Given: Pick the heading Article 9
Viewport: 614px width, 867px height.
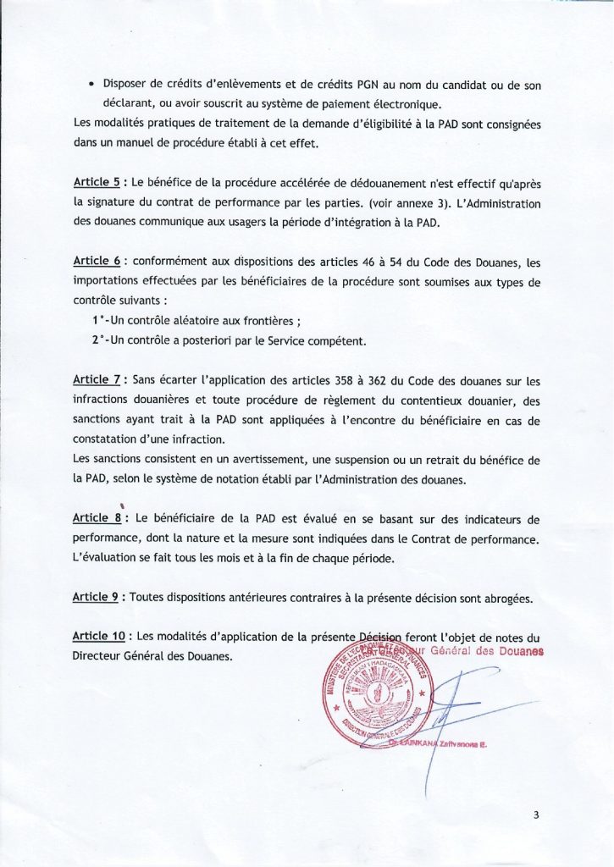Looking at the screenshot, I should coord(95,597).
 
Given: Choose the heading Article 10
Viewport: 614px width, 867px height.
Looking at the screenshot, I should coord(99,636).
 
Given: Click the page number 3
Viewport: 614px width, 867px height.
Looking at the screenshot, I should coord(536,815).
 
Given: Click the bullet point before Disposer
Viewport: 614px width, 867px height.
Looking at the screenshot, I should coord(91,85).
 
